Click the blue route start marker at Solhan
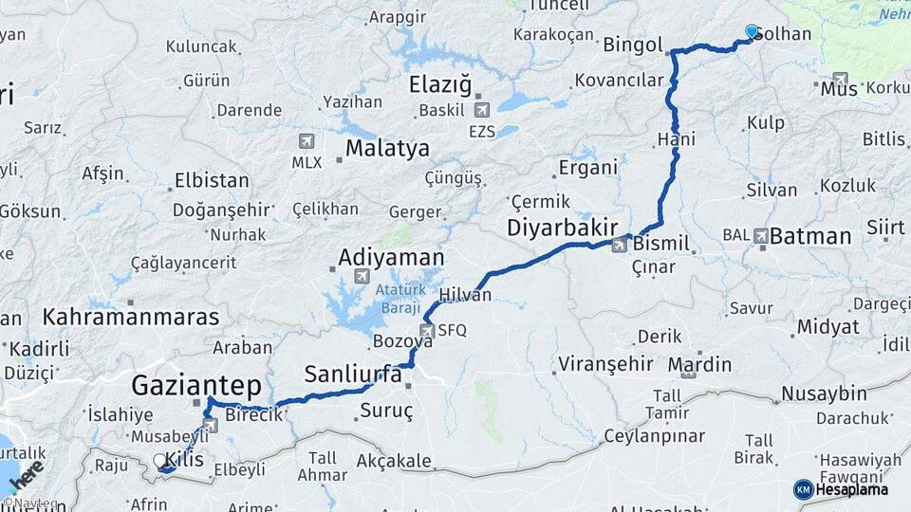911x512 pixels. point(752,31)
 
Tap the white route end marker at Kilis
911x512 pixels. point(160,460)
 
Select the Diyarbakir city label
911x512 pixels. point(563,228)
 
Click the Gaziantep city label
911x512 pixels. point(195,386)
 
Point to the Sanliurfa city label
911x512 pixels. point(353,374)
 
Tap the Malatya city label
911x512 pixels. point(387,148)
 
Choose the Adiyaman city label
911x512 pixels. point(391,257)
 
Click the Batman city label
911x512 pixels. point(810,236)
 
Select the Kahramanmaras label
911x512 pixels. point(131,317)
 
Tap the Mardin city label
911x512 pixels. point(699,364)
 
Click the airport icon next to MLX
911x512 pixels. point(306,141)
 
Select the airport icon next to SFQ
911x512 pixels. point(426,331)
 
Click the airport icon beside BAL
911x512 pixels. point(761,234)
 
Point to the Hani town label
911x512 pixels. point(676,139)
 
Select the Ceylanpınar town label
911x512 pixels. point(654,436)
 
